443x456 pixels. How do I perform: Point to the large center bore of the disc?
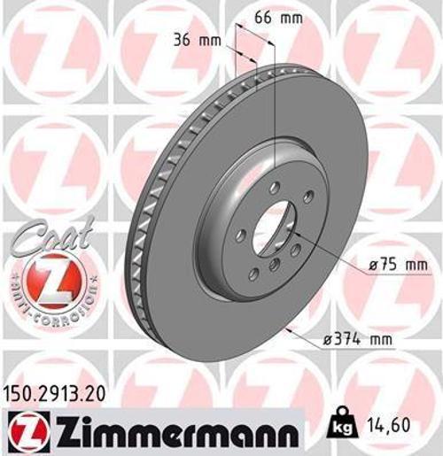coord(275,226)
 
